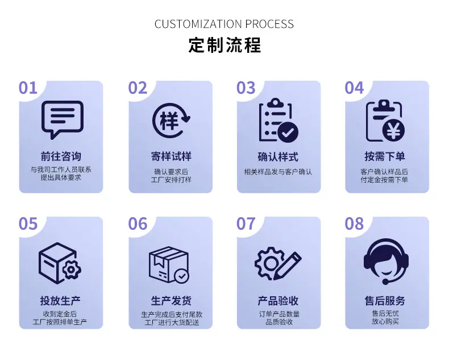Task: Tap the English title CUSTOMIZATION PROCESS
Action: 224,24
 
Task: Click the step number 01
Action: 28,88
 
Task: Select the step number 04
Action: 354,88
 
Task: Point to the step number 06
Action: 138,224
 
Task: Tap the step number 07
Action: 246,224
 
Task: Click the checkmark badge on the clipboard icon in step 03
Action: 288,133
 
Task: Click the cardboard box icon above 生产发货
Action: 169,265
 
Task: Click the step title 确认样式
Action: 278,157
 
